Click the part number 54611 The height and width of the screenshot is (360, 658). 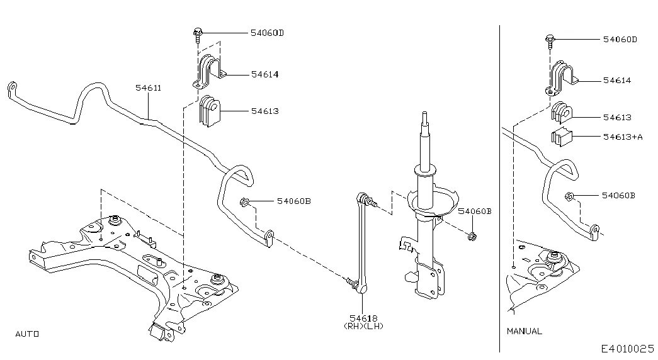point(149,88)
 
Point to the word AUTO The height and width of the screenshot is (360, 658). point(27,334)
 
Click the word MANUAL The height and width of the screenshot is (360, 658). point(524,331)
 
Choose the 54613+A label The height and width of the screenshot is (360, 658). point(622,137)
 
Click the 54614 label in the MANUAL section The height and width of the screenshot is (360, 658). point(616,81)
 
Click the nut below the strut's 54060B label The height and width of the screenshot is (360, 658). point(472,237)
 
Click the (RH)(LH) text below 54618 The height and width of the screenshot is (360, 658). point(363,326)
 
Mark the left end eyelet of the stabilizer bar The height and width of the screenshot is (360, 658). point(11,87)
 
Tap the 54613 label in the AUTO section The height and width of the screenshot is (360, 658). point(264,111)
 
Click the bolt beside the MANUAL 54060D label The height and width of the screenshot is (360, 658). point(550,40)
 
